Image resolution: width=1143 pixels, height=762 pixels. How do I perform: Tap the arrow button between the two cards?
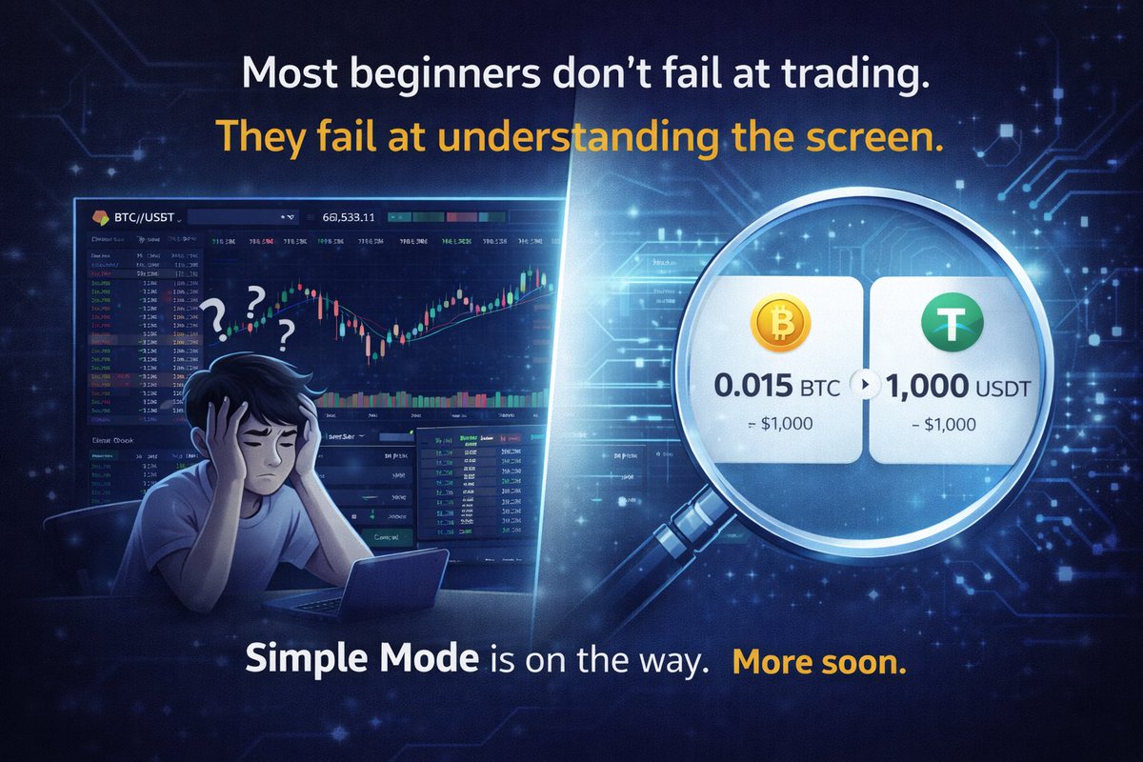[x=865, y=385]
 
